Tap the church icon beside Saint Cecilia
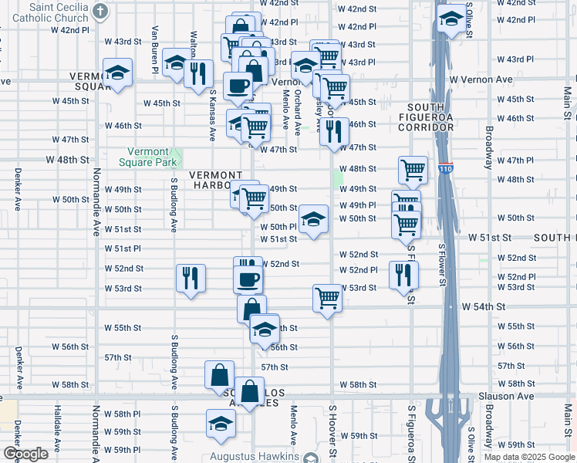100,11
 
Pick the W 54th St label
482,306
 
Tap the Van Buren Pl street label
155,49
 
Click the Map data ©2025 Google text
529,457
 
